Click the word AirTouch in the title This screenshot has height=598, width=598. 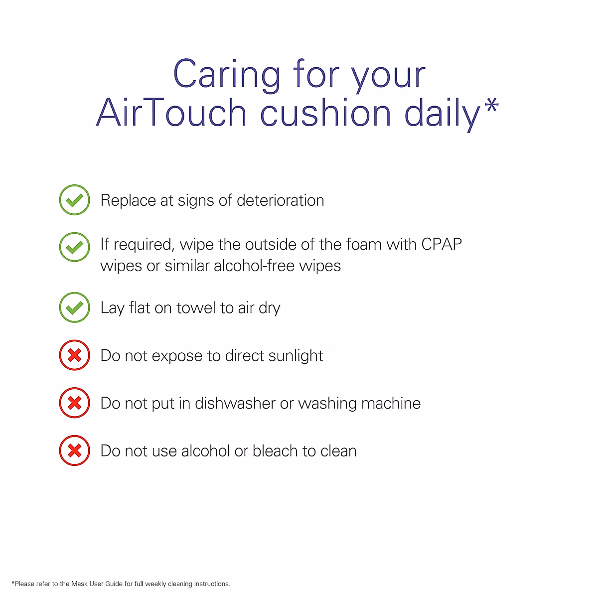pyautogui.click(x=171, y=112)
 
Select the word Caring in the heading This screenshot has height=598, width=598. pyautogui.click(x=227, y=76)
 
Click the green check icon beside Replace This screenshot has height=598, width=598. pyautogui.click(x=74, y=200)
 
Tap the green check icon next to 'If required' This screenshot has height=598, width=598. pyautogui.click(x=74, y=247)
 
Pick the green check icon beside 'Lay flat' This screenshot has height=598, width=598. pyautogui.click(x=74, y=307)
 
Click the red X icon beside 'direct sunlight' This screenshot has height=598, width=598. pyautogui.click(x=74, y=355)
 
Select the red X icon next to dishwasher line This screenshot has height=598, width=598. pyautogui.click(x=74, y=403)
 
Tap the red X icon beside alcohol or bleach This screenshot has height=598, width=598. pyautogui.click(x=74, y=450)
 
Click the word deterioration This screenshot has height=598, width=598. pyautogui.click(x=280, y=200)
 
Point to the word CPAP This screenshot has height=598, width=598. pyautogui.click(x=442, y=245)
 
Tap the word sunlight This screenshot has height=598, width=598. pyautogui.click(x=296, y=356)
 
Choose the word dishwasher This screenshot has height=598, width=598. pyautogui.click(x=235, y=404)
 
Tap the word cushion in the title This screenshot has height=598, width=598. pyautogui.click(x=325, y=112)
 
